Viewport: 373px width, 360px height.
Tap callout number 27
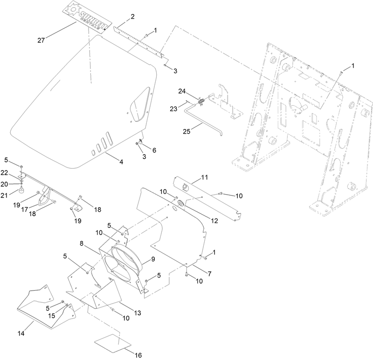[41, 41]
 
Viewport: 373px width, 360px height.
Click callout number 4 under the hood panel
[121, 162]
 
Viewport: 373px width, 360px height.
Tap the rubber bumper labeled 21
[21, 190]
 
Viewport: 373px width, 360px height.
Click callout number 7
[210, 275]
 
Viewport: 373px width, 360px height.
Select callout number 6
[154, 150]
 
